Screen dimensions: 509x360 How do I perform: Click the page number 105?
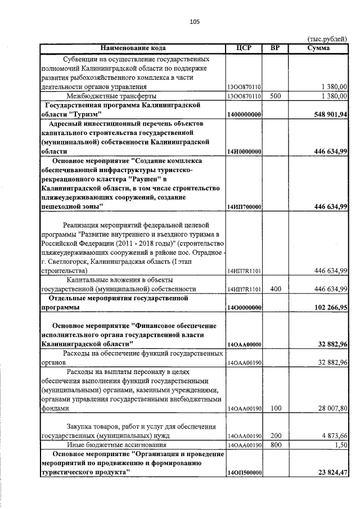(x=195, y=22)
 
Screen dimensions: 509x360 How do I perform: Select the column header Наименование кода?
(x=133, y=48)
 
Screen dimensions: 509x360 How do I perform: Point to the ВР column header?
(x=275, y=48)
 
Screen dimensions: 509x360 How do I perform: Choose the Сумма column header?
(x=318, y=48)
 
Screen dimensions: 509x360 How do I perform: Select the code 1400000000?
(x=244, y=115)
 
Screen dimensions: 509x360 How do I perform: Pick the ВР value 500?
(x=275, y=96)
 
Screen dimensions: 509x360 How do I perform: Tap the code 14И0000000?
(x=244, y=152)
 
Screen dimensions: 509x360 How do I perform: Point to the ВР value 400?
(x=275, y=289)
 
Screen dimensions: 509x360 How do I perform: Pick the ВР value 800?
(x=275, y=445)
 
